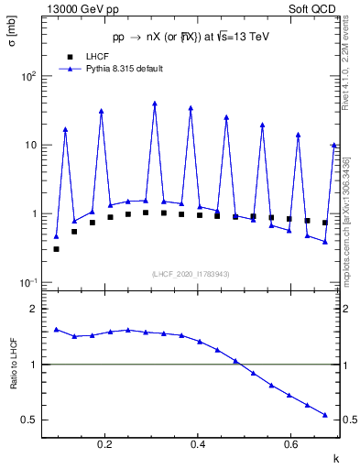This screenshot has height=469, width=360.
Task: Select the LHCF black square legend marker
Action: pos(69,57)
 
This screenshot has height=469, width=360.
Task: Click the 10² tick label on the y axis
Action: pos(29,76)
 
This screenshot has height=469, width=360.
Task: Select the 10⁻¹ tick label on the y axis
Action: pos(29,282)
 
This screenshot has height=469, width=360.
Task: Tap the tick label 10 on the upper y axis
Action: pos(31,145)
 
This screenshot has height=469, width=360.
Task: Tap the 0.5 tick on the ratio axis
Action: pos(30,420)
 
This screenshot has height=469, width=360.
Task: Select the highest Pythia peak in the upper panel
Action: pos(155,104)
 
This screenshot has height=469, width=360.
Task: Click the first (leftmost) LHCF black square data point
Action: pos(56,249)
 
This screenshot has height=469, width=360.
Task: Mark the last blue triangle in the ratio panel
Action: pos(325,415)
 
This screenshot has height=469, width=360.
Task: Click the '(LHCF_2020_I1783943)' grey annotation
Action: pos(190,273)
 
